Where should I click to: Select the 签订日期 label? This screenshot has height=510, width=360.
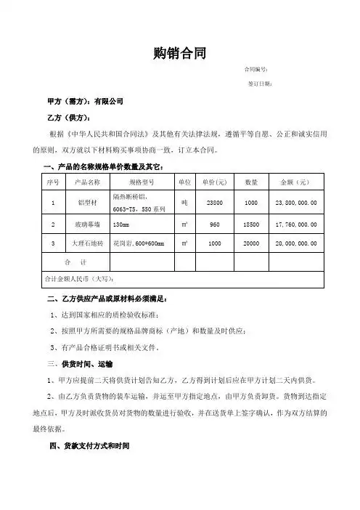[x=259, y=84]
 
